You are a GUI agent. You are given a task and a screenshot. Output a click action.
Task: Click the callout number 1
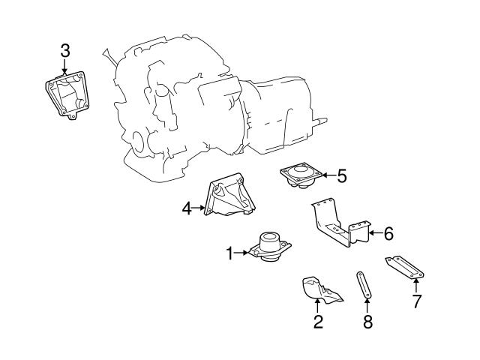230,254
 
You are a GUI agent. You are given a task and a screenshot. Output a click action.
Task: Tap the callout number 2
318,322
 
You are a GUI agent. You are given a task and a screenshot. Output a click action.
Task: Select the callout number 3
65,50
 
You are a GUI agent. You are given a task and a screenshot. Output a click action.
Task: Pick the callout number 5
342,176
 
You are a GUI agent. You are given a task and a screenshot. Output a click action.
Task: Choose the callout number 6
388,233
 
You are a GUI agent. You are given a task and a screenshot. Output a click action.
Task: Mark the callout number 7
417,301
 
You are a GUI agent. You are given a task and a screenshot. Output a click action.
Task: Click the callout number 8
367,322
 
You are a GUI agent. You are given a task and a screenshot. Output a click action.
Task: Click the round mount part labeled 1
269,247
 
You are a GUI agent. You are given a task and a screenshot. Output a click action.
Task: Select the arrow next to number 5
328,176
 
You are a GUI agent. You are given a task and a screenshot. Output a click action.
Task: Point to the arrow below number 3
65,66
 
